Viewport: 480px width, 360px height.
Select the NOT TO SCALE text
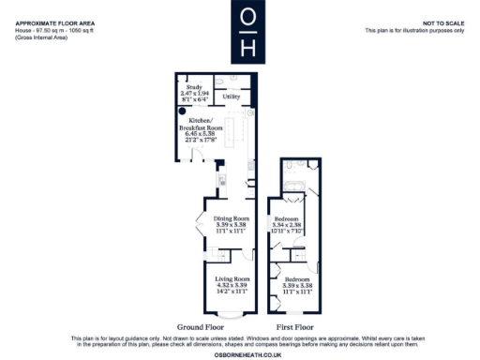443,22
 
